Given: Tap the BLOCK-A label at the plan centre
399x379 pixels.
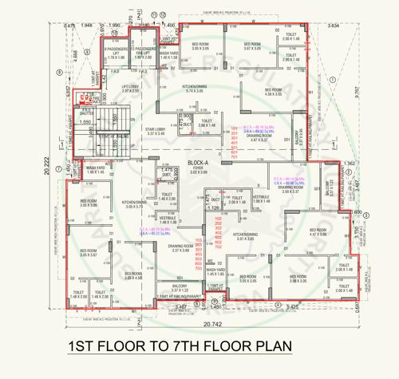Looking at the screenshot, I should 198,163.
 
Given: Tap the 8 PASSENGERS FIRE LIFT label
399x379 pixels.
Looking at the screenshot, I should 143,53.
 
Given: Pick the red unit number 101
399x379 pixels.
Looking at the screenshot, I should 235,128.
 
